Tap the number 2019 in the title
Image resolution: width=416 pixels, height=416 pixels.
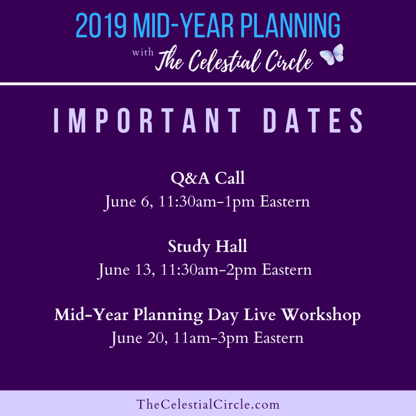tap(101, 26)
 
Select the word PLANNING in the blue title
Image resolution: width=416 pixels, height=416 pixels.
tap(290, 26)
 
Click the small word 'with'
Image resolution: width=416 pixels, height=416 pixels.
tap(143, 52)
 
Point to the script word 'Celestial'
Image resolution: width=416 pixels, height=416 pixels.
tap(223, 61)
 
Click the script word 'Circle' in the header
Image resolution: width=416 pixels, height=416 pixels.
tap(289, 61)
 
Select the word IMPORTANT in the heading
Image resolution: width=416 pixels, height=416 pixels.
tap(147, 120)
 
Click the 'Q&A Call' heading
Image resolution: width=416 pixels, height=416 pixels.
tap(208, 178)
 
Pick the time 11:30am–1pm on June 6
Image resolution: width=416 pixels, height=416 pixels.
tap(207, 201)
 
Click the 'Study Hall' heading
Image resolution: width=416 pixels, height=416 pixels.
tap(208, 247)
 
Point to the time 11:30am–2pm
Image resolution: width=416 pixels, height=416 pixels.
tap(209, 270)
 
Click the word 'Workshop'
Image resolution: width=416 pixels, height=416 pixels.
tap(321, 315)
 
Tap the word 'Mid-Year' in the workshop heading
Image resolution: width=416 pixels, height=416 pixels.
tap(91, 315)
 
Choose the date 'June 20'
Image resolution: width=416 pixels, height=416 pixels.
tap(139, 338)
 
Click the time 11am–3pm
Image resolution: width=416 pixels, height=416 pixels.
tap(211, 338)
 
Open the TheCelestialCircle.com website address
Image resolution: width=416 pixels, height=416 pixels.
tap(208, 404)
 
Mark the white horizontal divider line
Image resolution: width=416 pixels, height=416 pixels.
tap(208, 84)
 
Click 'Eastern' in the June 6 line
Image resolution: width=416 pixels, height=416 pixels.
tap(285, 201)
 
